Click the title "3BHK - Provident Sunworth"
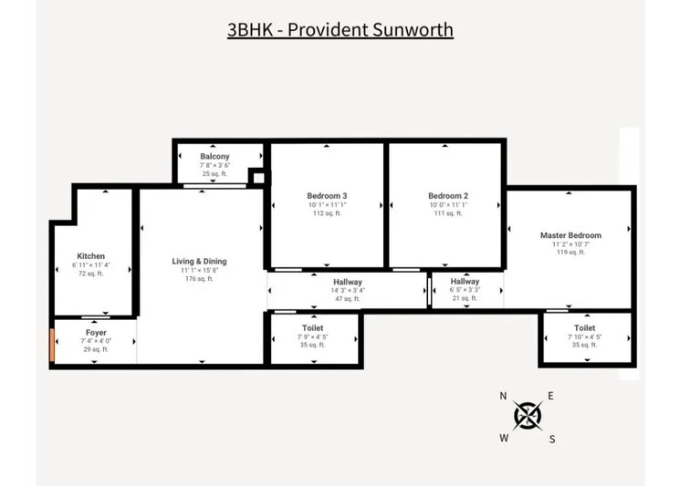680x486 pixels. click(340, 29)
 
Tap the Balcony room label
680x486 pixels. click(214, 157)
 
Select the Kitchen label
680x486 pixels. click(91, 256)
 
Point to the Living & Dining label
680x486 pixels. click(199, 262)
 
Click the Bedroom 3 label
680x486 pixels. click(327, 196)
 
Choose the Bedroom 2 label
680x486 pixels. click(448, 196)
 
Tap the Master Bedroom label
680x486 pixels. click(570, 235)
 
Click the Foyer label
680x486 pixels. click(96, 332)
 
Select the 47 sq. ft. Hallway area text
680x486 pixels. click(348, 299)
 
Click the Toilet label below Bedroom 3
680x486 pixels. click(312, 328)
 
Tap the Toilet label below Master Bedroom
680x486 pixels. click(585, 328)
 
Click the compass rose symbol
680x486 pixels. click(528, 416)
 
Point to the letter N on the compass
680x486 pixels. click(503, 396)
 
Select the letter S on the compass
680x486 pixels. click(552, 439)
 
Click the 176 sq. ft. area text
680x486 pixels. click(199, 279)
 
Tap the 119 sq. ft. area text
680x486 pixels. click(570, 253)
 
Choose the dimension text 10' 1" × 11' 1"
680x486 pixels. click(327, 205)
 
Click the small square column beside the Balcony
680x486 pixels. click(256, 176)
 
